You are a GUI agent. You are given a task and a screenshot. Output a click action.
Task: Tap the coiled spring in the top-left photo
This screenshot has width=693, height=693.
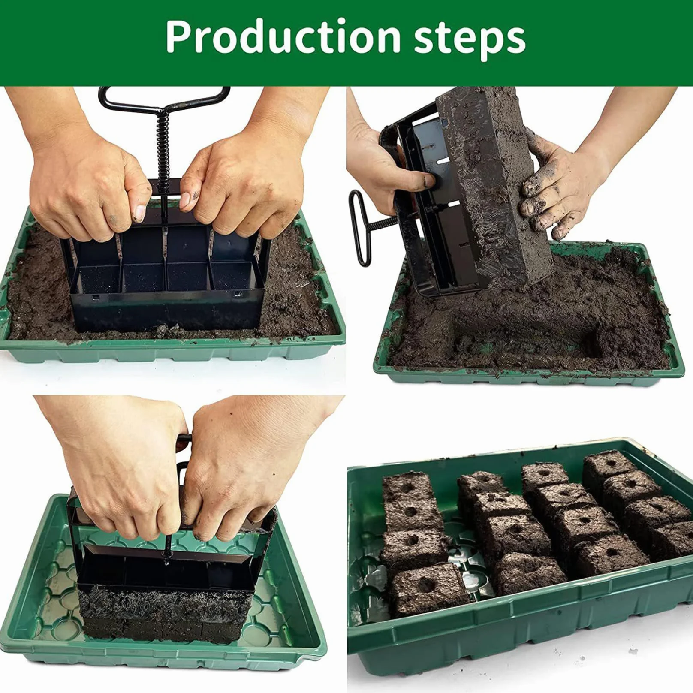tap(164, 148)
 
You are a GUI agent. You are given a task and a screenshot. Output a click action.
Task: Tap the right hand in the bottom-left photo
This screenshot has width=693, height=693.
tap(249, 472)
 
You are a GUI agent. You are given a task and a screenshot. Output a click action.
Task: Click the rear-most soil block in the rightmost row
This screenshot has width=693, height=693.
tap(609, 470)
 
